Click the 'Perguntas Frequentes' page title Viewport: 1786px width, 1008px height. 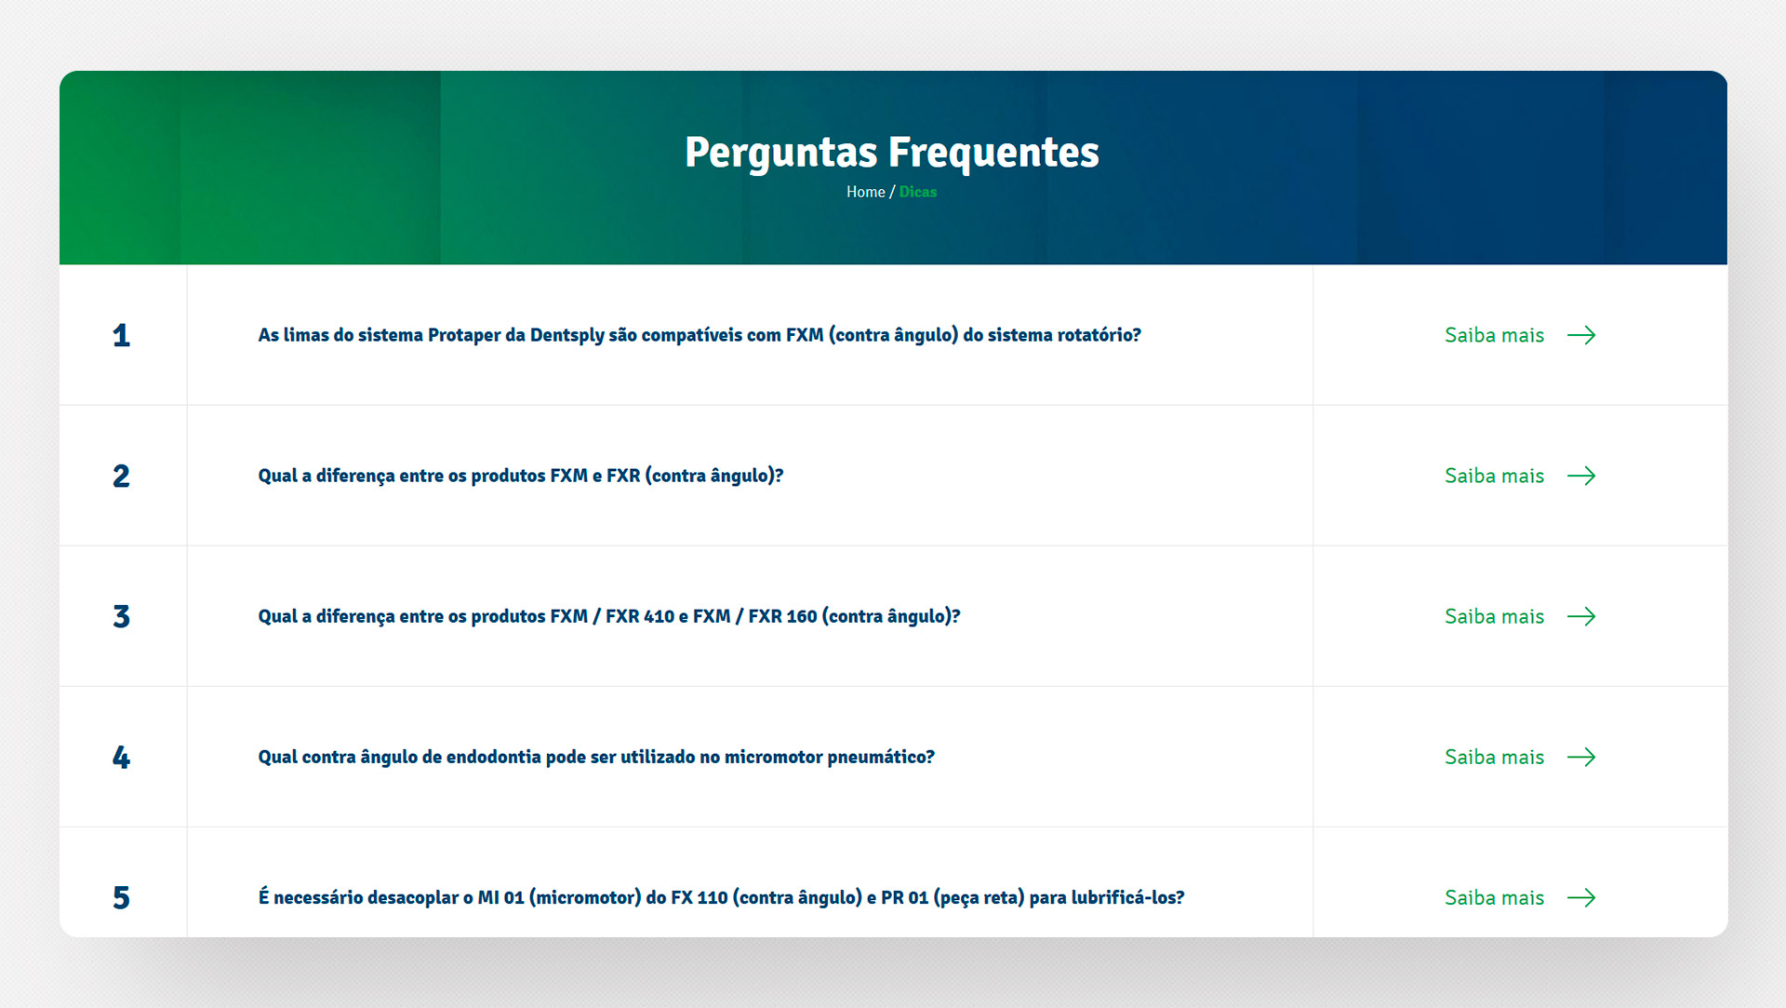[x=891, y=153]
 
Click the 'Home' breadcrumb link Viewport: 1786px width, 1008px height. [x=865, y=192]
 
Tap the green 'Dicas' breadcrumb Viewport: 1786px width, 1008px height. [x=918, y=192]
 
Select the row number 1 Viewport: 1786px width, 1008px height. [x=121, y=335]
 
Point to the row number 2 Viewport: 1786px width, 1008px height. [x=121, y=476]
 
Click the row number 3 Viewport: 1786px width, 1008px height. [x=121, y=616]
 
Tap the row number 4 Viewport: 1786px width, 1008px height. [x=121, y=757]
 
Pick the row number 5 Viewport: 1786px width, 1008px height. [x=121, y=897]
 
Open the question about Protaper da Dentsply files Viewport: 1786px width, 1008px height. [x=700, y=335]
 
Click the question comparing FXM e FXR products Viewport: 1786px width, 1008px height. [x=521, y=476]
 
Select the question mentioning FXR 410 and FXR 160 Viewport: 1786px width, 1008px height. [x=609, y=616]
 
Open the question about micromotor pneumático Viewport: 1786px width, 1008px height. [x=596, y=757]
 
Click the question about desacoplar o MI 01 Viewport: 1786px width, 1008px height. [x=721, y=897]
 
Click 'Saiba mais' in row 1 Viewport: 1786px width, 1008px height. [x=1494, y=335]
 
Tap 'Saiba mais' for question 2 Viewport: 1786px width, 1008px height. [x=1494, y=476]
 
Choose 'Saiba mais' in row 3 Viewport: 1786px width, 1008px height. [x=1494, y=616]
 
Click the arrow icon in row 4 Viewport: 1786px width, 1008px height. [x=1581, y=757]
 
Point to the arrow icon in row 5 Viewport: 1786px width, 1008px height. [x=1581, y=897]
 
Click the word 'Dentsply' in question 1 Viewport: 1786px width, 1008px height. [x=566, y=335]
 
